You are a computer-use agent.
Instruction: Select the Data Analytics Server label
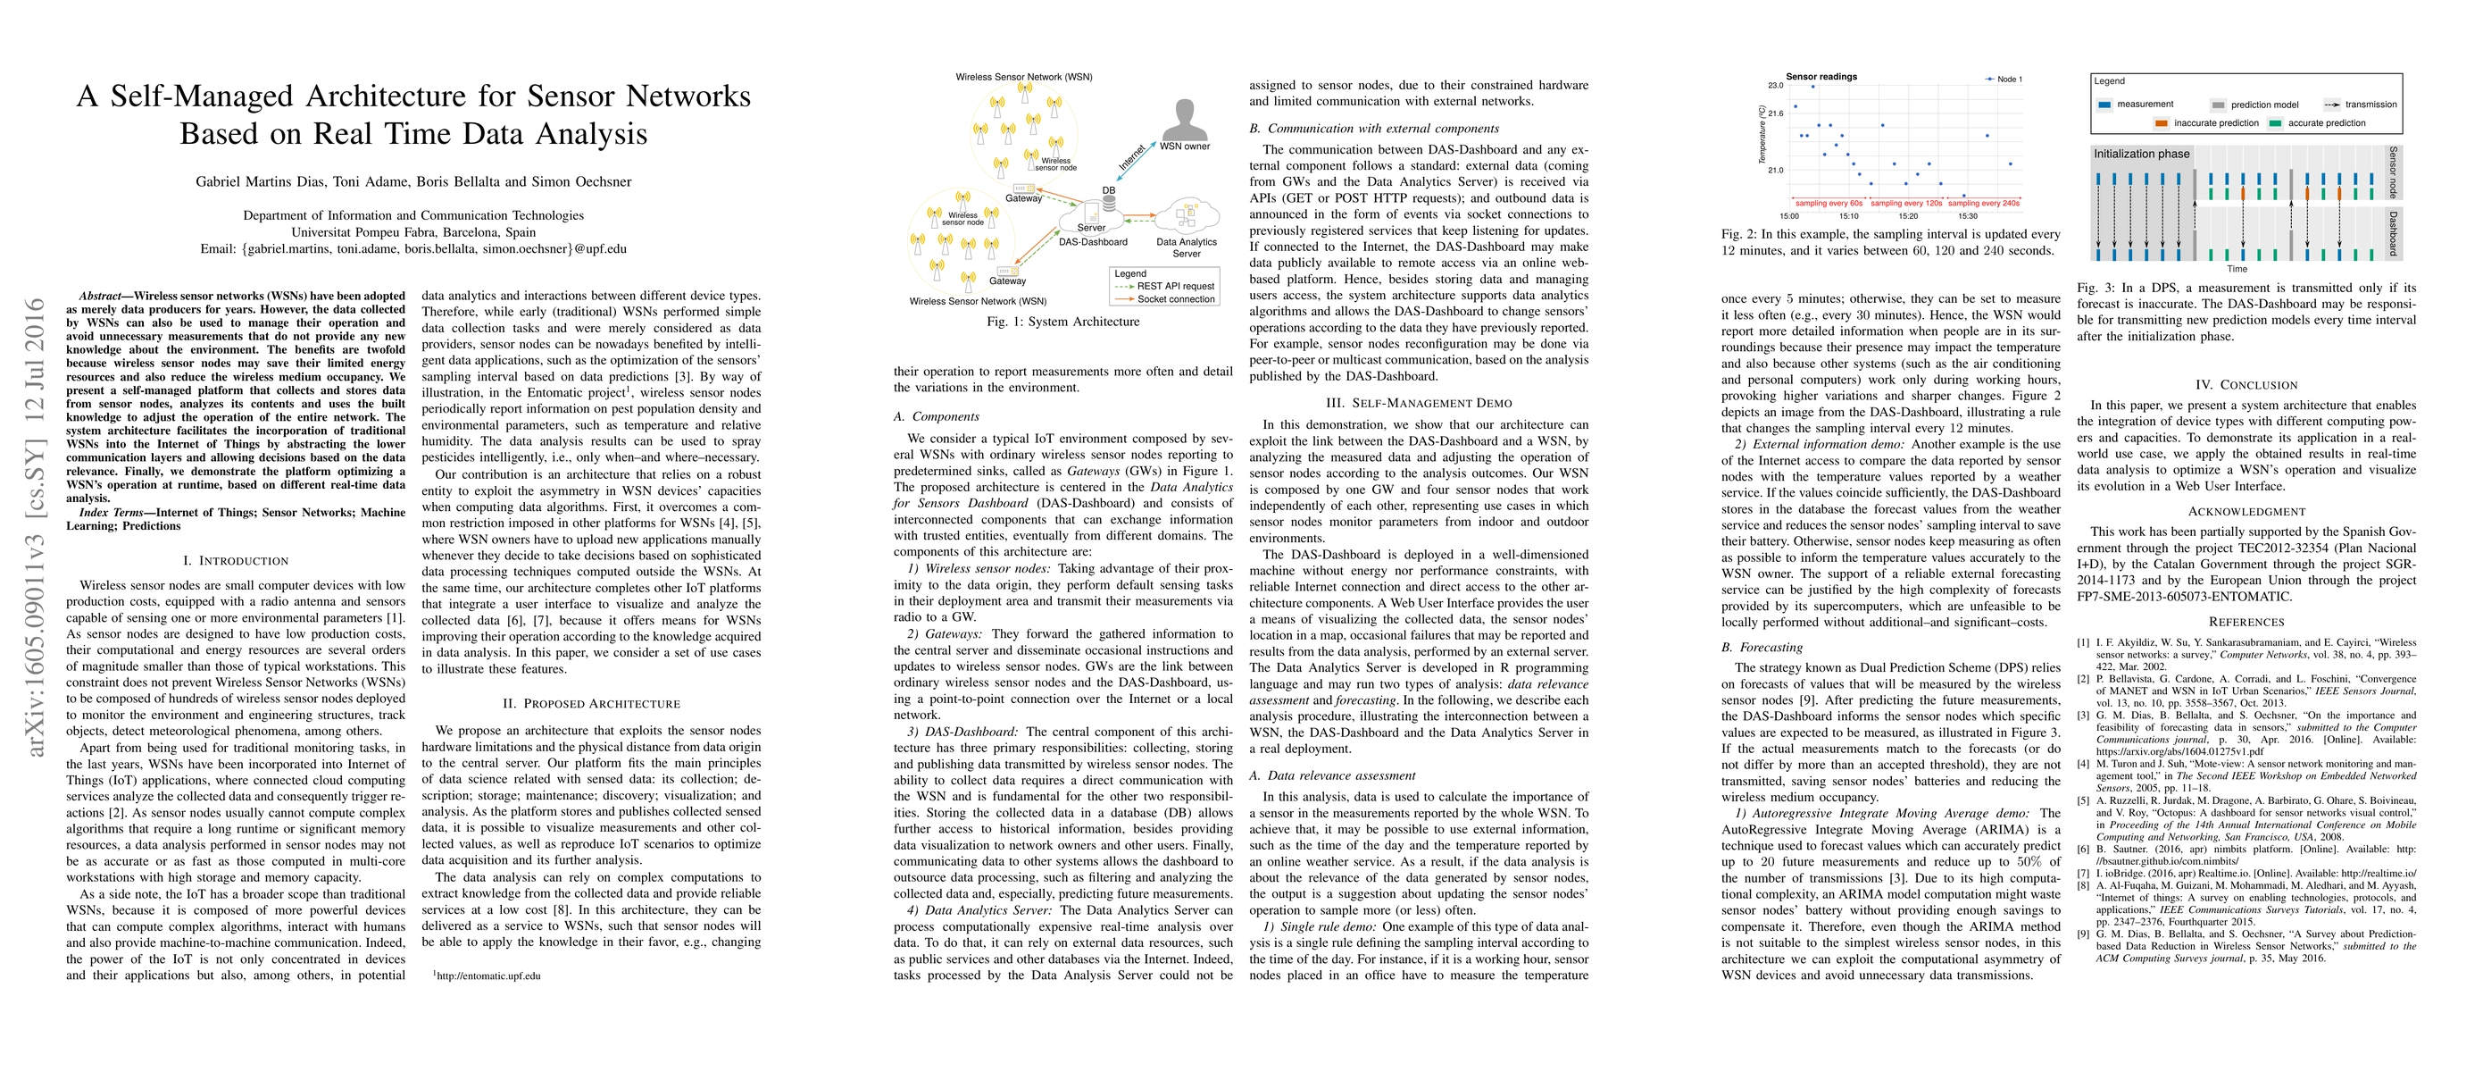1187,247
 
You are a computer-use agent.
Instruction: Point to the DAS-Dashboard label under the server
1092,242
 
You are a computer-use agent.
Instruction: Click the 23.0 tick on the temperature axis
1775,86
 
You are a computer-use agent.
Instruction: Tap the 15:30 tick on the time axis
1967,216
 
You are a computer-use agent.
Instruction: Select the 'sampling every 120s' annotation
1905,204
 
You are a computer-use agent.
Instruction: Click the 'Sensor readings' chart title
1821,76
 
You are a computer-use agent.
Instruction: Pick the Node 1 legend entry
2005,79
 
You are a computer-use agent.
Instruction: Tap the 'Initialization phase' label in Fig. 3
2141,155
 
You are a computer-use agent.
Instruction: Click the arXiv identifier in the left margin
37,526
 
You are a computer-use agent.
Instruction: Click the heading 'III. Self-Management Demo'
1419,403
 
